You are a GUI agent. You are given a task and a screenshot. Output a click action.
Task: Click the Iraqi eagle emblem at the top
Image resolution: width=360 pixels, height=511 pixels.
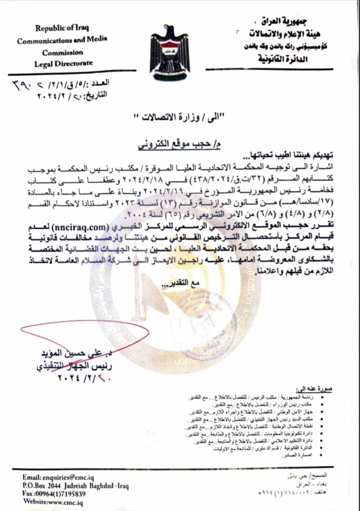(x=171, y=51)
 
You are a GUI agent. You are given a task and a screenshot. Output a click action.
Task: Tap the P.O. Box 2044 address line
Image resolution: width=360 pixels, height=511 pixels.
(x=75, y=485)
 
